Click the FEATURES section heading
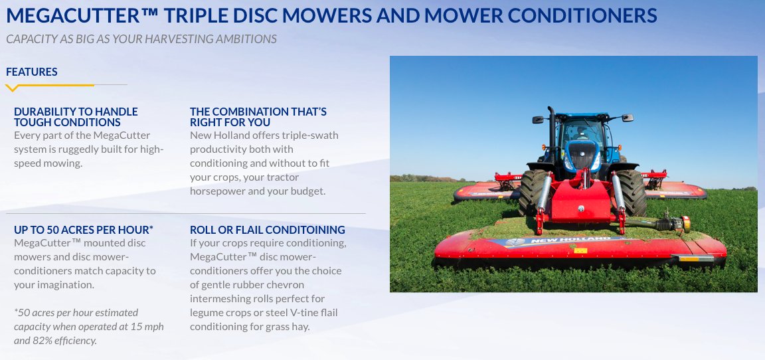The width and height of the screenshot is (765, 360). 31,72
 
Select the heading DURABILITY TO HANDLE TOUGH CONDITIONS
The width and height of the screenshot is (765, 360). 76,117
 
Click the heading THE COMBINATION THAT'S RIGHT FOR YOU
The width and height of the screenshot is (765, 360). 258,117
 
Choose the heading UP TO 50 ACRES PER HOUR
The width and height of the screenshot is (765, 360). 83,230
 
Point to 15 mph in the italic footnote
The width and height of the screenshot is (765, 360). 147,327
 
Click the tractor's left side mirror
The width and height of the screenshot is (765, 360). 539,120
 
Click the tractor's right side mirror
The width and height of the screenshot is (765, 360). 627,118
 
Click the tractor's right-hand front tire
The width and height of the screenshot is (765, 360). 629,192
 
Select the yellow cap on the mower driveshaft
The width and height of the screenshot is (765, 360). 685,225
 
